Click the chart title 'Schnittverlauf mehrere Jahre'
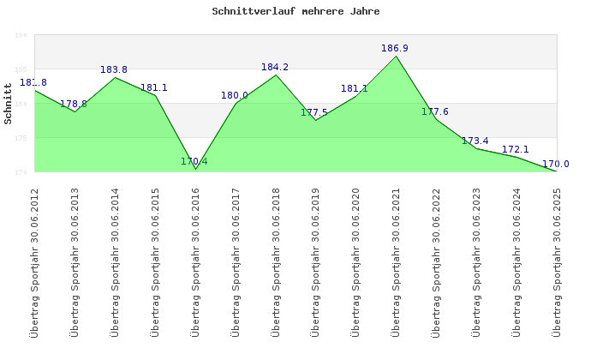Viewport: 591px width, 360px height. [295, 12]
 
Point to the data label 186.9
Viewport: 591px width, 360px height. [395, 49]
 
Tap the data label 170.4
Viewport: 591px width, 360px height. [194, 161]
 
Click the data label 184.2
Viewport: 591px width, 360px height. [275, 67]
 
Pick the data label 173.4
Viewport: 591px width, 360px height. [475, 141]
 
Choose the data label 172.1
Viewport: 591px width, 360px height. [516, 150]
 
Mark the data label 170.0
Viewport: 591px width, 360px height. [556, 164]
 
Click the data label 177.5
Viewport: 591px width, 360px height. [314, 113]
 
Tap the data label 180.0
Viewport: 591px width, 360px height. [235, 96]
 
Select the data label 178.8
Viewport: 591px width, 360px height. [74, 105]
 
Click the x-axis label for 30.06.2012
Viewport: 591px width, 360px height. [34, 261]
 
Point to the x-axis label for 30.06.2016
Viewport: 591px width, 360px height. [195, 261]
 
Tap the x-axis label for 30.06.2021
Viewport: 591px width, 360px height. [396, 261]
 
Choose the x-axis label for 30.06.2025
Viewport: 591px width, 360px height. [557, 261]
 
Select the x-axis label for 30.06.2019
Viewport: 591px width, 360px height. [315, 261]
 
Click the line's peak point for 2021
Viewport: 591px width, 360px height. [396, 56]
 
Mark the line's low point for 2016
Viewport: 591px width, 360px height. [195, 169]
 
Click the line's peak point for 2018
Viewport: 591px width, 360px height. [276, 75]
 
